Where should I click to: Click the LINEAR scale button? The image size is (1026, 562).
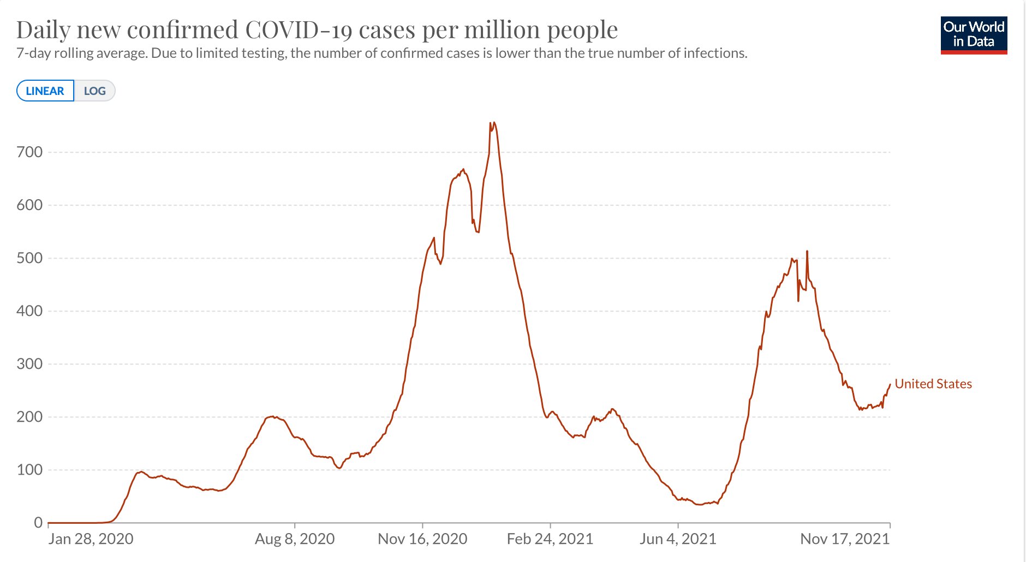tap(45, 91)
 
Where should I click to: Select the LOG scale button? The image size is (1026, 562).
tap(94, 91)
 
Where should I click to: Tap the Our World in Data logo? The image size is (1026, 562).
tap(974, 35)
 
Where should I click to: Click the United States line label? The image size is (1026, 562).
tap(933, 384)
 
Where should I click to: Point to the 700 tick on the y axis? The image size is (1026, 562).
tap(29, 152)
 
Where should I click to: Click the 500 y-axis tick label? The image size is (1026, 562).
tap(29, 258)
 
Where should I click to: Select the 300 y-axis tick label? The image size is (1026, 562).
tap(29, 364)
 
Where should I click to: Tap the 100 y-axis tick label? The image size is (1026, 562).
tap(29, 470)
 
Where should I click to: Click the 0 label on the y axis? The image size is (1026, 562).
tap(38, 523)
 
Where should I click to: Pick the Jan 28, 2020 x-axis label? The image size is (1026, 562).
tap(91, 539)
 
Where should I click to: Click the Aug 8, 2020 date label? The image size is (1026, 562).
tap(295, 539)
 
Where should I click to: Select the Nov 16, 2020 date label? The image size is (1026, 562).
tap(422, 539)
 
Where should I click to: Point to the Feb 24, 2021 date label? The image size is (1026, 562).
tap(550, 539)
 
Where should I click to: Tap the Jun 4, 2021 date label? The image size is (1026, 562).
tap(678, 539)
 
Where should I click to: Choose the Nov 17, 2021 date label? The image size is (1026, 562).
tap(844, 539)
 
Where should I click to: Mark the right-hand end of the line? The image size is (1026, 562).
tap(890, 385)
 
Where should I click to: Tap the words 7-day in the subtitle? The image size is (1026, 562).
tap(33, 53)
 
